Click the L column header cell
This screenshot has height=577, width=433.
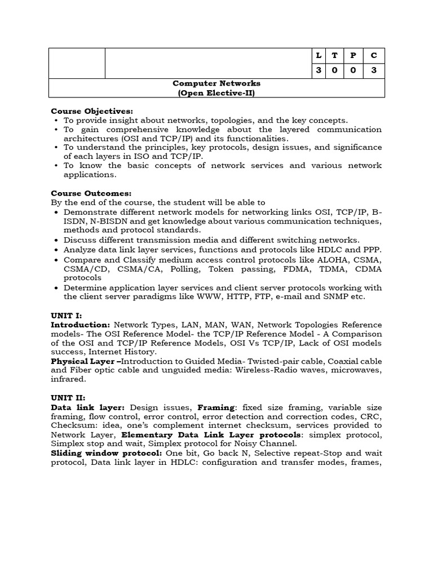[319, 55]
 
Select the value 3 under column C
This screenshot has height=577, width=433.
[373, 70]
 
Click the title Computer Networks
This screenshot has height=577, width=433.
[216, 83]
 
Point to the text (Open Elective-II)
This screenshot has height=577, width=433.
[216, 92]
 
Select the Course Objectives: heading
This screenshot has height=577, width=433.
[92, 111]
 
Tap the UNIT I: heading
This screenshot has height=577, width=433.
[67, 316]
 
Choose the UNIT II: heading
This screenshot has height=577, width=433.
[68, 398]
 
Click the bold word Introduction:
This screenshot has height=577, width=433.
[81, 325]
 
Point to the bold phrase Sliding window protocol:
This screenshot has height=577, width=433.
[107, 452]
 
